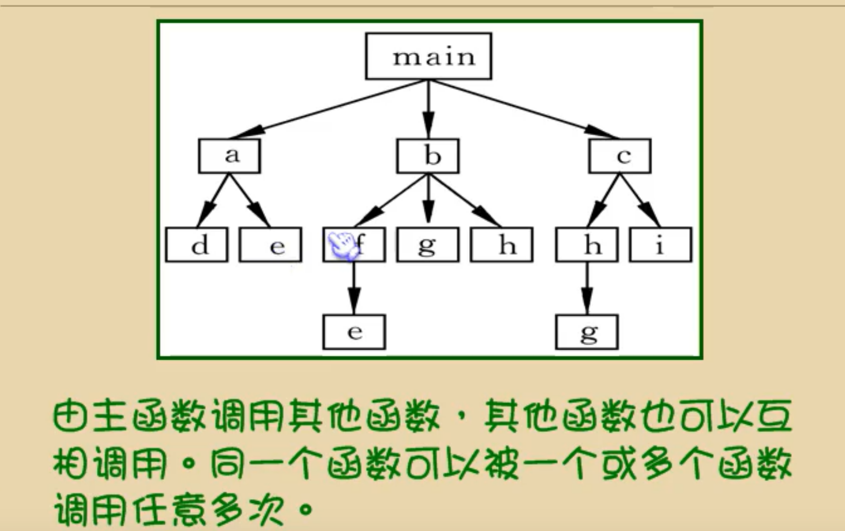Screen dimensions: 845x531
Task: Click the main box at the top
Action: (428, 56)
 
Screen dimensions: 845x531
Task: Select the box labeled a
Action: (229, 156)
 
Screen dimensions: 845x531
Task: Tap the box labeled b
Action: (428, 156)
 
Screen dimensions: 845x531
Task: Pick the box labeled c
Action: (619, 156)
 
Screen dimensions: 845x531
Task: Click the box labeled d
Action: (197, 244)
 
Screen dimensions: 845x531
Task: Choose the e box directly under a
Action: (270, 244)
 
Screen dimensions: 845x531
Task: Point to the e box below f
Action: (354, 332)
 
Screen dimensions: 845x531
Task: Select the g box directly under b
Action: (428, 244)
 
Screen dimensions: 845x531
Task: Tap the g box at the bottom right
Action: (586, 332)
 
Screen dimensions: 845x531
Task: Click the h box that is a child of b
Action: (501, 244)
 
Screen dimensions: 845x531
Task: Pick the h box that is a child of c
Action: (586, 244)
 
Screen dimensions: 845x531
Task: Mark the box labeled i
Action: (660, 244)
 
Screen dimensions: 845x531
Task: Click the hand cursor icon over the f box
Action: (343, 246)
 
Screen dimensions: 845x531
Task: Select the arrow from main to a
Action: (329, 109)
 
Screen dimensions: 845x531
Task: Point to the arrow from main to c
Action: (525, 109)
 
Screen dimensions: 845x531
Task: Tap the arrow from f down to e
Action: (354, 288)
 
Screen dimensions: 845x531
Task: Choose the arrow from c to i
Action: (640, 201)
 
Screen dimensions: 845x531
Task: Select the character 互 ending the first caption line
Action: (774, 416)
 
